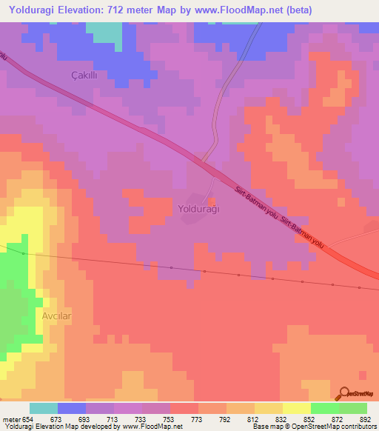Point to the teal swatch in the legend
(x=44, y=408)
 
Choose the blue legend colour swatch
(x=72, y=408)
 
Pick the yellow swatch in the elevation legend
(x=297, y=408)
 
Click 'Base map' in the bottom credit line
(x=267, y=427)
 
